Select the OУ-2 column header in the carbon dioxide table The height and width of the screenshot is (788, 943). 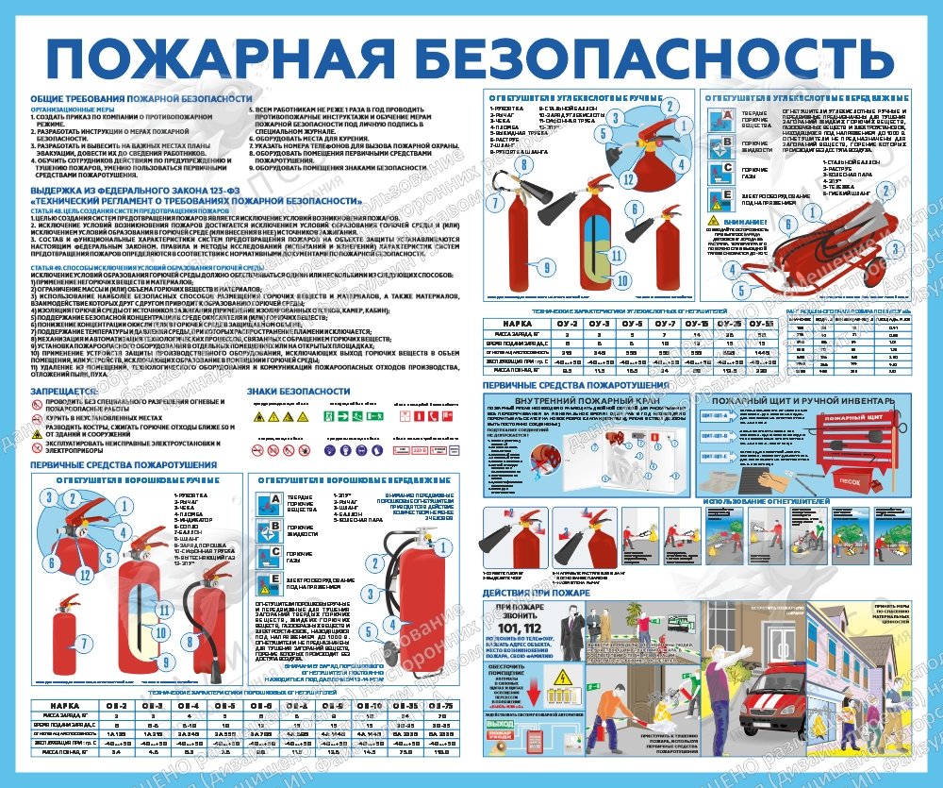[568, 324]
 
